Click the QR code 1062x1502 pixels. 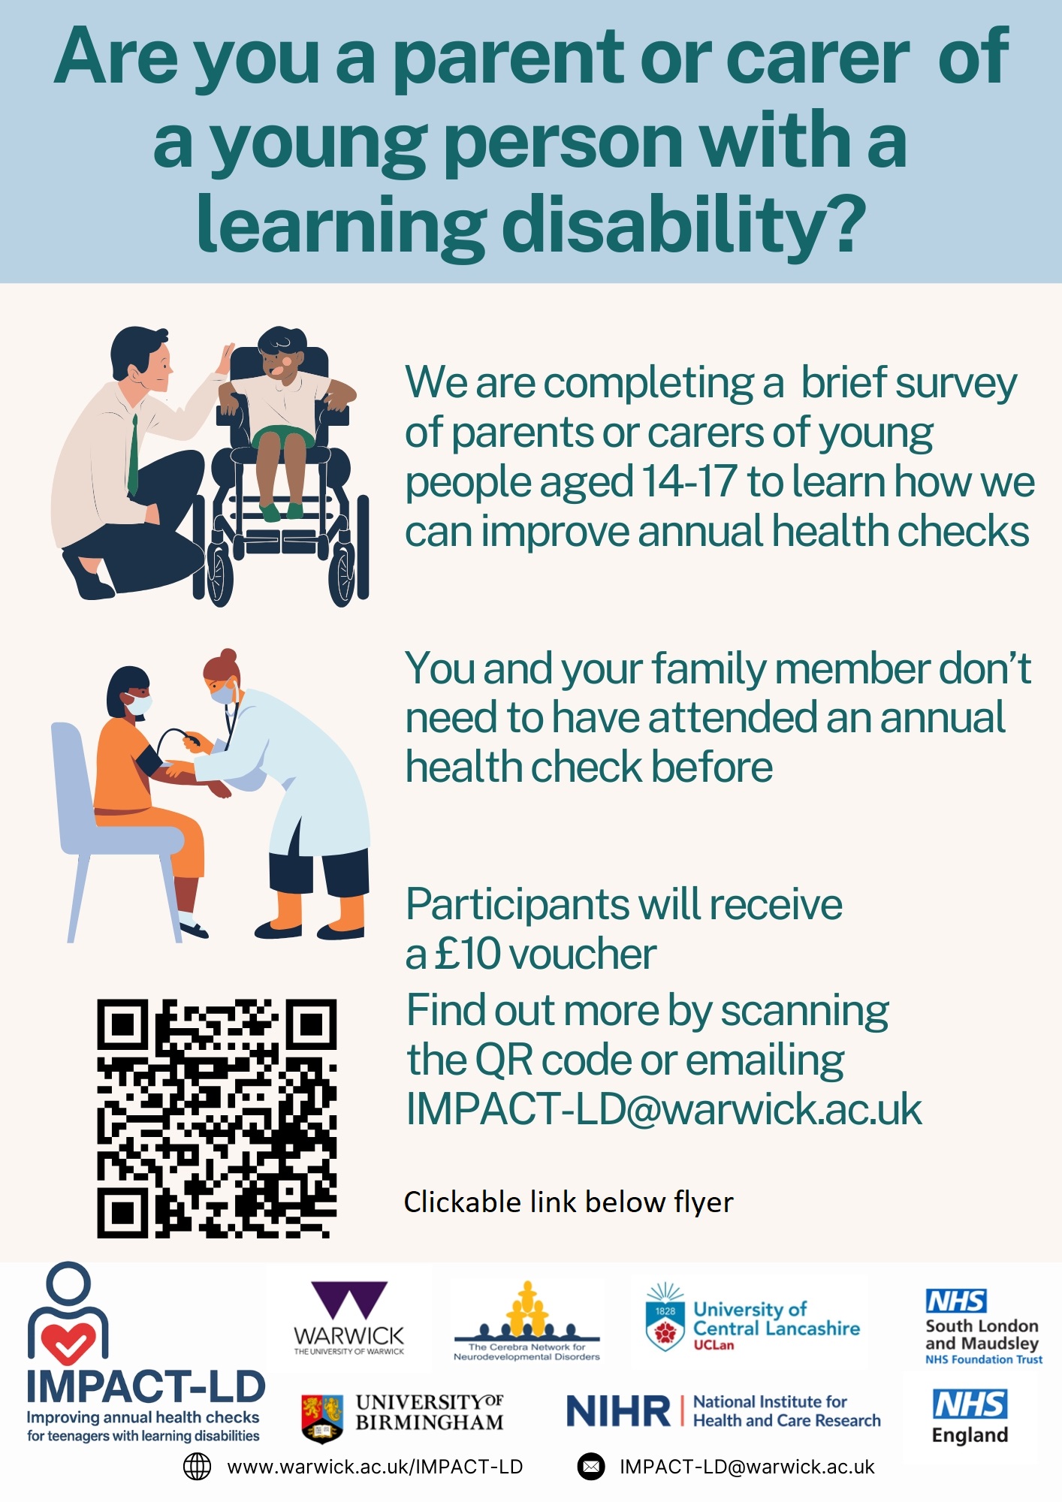[217, 1118]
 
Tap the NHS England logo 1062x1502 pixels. [970, 1416]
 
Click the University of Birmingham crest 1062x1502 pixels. [322, 1419]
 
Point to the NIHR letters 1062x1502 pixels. [618, 1411]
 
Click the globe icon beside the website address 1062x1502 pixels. [198, 1467]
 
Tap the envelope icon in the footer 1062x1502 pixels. [591, 1467]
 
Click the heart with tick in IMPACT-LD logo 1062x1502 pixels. [68, 1342]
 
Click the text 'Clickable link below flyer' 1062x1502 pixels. [569, 1202]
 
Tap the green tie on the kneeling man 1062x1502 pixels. [134, 454]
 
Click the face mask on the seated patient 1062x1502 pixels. [137, 704]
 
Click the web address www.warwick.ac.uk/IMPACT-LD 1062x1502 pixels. [375, 1467]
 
